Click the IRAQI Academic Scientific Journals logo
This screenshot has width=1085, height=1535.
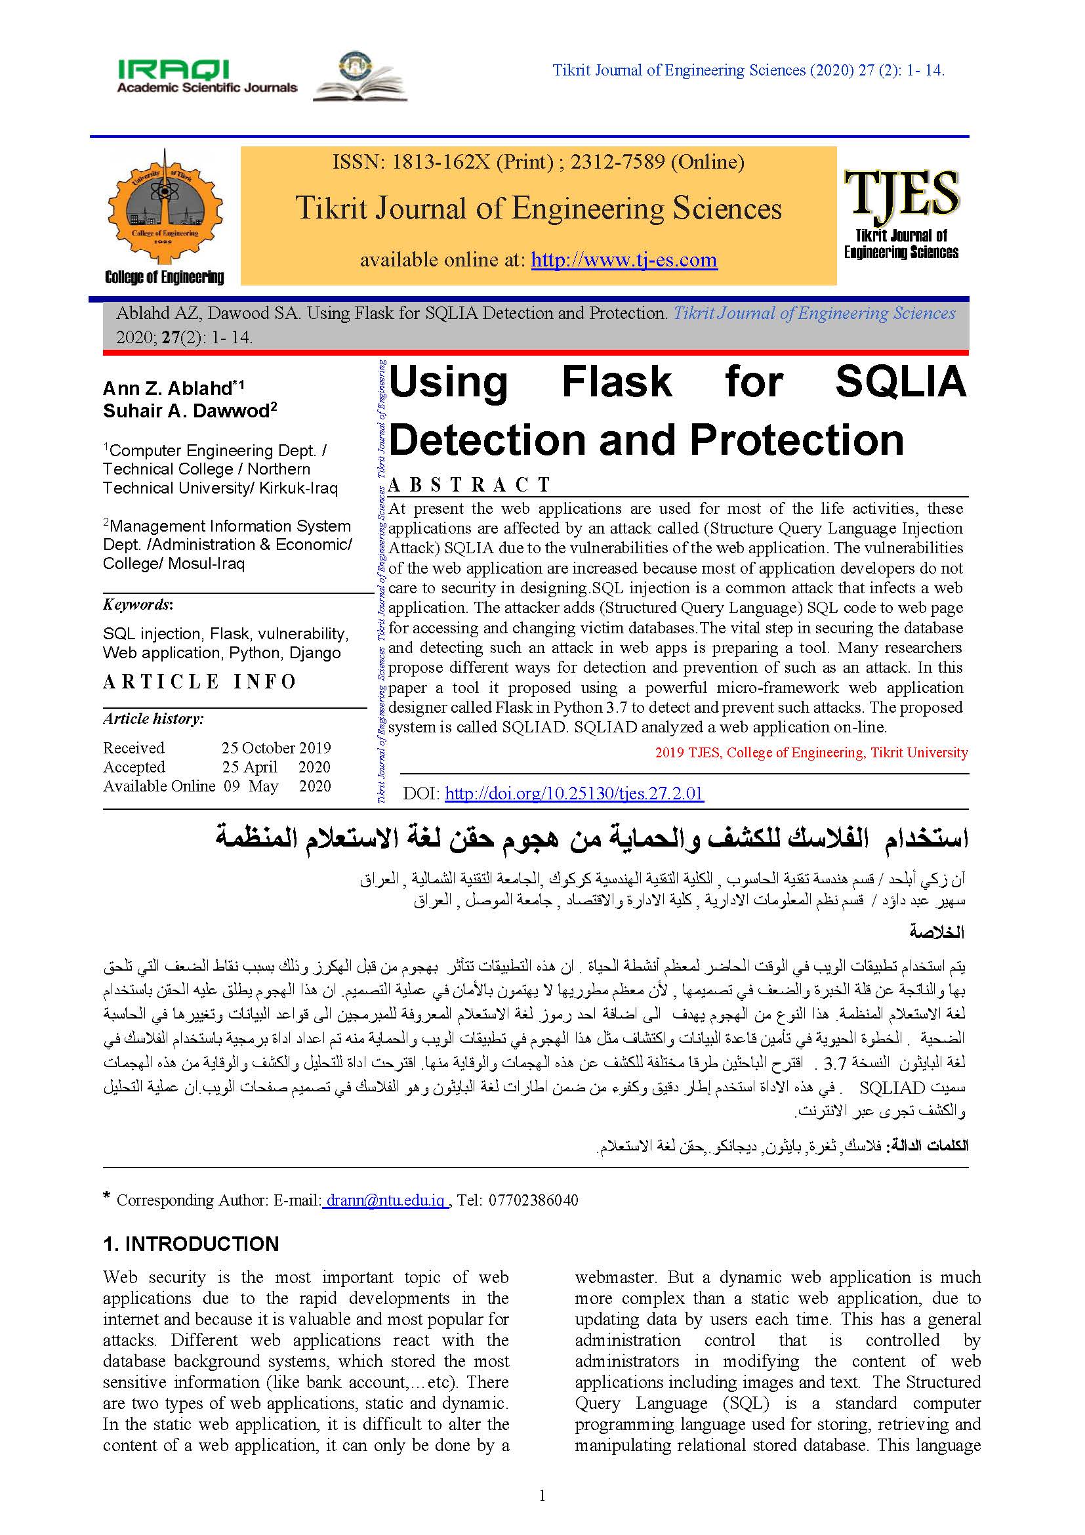tap(207, 76)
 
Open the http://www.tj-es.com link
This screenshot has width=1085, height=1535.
tap(624, 259)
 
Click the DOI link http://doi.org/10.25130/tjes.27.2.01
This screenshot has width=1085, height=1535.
tap(574, 793)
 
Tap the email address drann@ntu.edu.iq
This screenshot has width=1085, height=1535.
tap(386, 1200)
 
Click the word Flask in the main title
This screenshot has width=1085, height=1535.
tap(616, 383)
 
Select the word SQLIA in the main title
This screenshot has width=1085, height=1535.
tap(901, 383)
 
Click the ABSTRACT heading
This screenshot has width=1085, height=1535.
tap(470, 484)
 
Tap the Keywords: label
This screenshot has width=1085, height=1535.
tap(138, 604)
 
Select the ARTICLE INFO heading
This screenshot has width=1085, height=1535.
tap(199, 682)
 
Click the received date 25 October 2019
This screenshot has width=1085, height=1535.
tap(276, 747)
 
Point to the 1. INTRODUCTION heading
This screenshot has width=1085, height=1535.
tap(190, 1244)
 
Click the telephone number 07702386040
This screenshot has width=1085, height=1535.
tap(533, 1200)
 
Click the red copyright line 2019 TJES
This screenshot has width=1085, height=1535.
tap(810, 753)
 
